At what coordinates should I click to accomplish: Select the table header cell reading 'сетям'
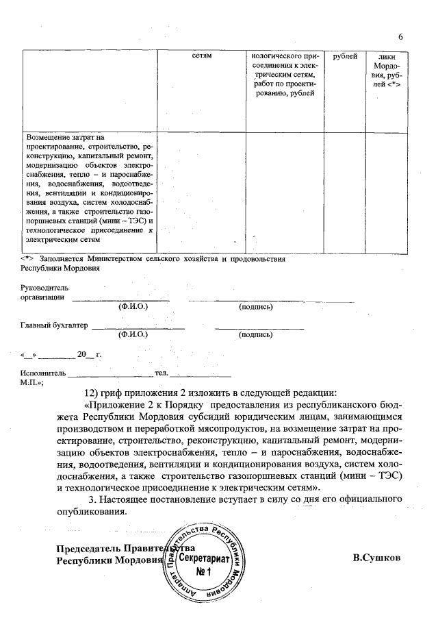click(x=203, y=55)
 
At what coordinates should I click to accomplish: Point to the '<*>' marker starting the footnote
click(x=27, y=259)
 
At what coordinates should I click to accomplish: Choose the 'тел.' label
click(x=162, y=373)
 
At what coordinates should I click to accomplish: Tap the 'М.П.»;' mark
click(x=33, y=382)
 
